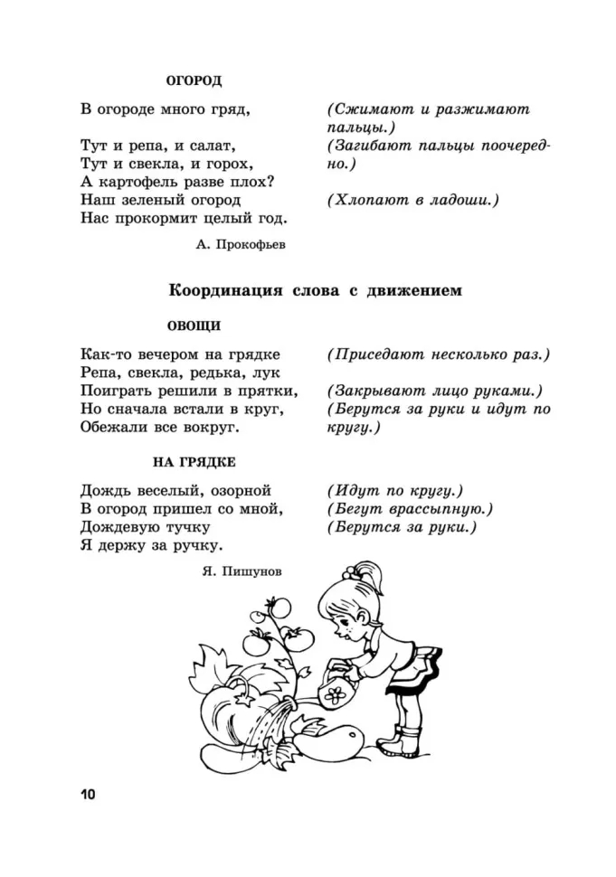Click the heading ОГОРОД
(x=194, y=80)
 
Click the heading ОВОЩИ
(x=194, y=325)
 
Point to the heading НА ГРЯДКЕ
(x=194, y=461)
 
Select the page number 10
(x=87, y=795)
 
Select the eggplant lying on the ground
(x=344, y=740)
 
